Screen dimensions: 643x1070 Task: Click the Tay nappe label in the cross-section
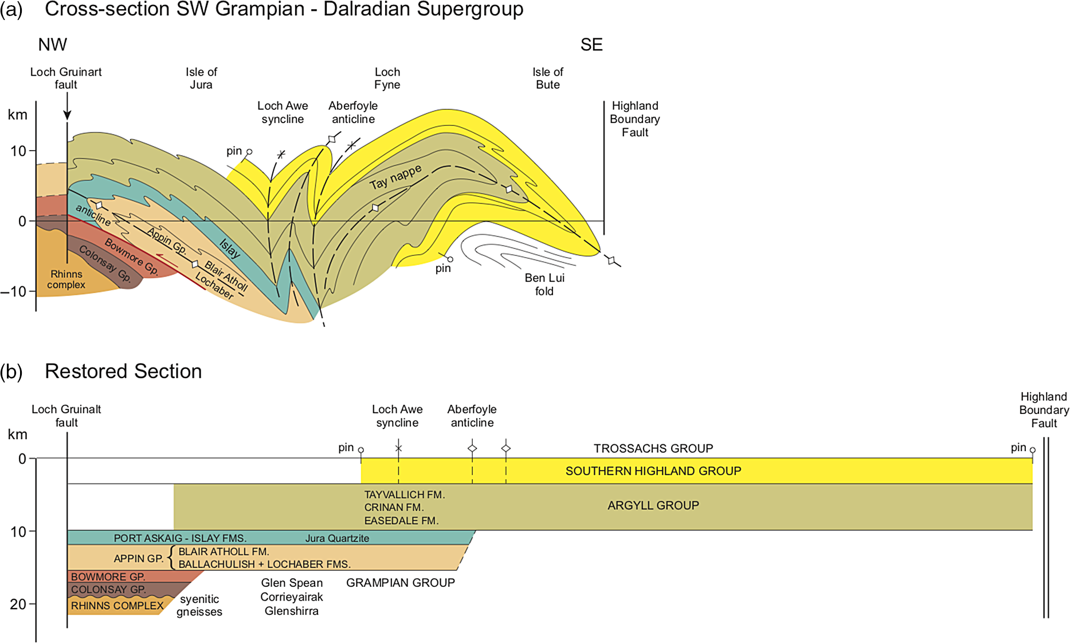[395, 177]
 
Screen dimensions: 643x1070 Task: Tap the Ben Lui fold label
[544, 285]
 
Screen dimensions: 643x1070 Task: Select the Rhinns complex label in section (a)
[66, 279]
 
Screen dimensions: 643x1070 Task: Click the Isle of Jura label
[201, 78]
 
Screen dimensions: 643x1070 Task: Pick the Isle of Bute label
[547, 78]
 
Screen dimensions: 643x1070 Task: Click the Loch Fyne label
[387, 78]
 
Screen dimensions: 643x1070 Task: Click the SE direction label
[591, 45]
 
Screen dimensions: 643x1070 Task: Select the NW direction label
[53, 45]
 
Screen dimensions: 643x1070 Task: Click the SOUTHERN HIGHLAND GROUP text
[653, 471]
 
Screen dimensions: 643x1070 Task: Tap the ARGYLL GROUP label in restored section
[653, 506]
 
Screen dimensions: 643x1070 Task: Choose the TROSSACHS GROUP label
[653, 448]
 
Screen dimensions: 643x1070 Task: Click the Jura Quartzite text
[337, 538]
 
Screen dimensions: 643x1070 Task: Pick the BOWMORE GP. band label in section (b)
[108, 577]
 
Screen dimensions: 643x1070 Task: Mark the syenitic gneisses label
[199, 605]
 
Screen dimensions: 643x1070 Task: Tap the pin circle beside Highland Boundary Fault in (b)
[1033, 451]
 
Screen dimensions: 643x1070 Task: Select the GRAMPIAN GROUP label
[401, 583]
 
